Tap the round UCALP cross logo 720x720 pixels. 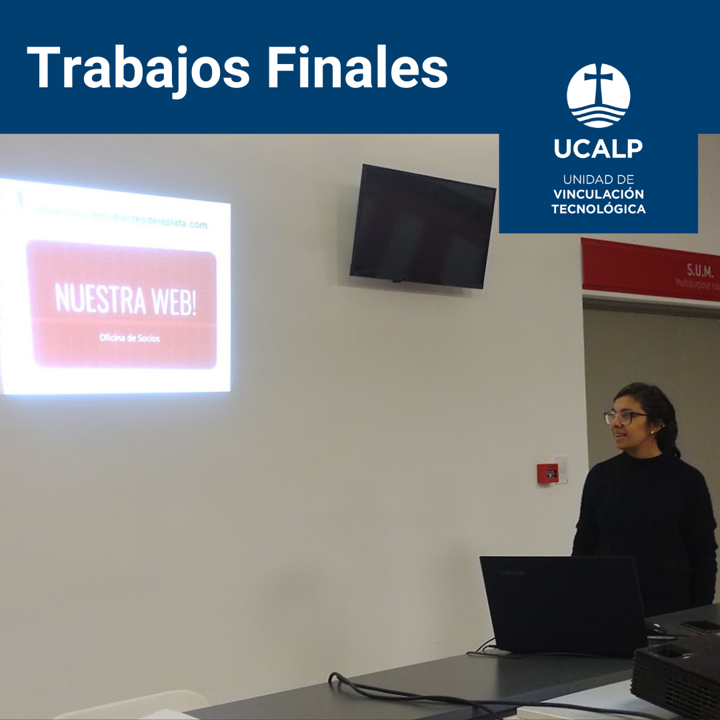click(x=598, y=95)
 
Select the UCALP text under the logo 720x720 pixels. click(x=598, y=149)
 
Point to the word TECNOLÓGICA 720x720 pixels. click(x=598, y=209)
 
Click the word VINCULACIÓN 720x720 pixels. click(x=598, y=195)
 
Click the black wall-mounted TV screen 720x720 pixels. click(x=423, y=227)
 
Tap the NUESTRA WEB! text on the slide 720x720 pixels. click(x=125, y=299)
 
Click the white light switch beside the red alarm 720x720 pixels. click(x=561, y=469)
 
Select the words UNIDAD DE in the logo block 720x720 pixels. click(x=598, y=180)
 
